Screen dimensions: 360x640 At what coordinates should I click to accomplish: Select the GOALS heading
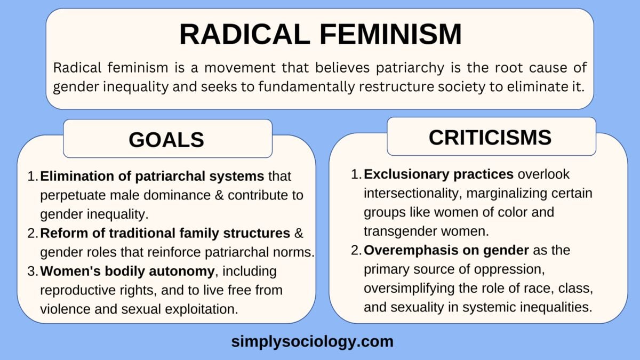166,139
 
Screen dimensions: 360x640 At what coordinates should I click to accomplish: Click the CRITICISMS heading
490,137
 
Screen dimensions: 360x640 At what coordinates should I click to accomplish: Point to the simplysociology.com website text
312,341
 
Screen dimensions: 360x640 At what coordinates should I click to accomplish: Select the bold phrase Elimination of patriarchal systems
152,176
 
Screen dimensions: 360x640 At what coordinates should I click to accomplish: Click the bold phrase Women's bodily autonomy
127,271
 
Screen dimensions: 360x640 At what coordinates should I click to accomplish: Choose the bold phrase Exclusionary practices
439,174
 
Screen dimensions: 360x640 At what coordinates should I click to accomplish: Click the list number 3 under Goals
31,271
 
